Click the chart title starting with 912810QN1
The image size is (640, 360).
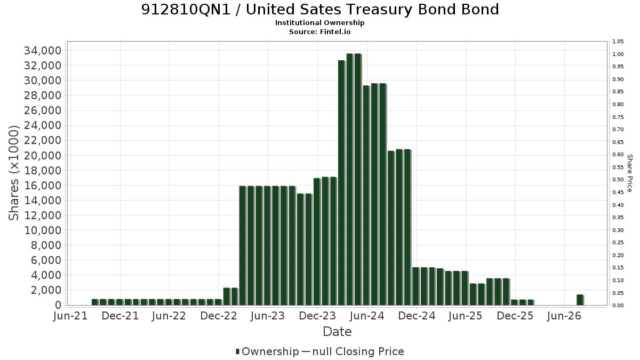[320, 10]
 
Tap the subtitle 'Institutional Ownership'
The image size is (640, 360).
[319, 23]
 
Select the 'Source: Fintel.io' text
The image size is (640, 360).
[319, 31]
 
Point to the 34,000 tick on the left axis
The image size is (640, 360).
[43, 51]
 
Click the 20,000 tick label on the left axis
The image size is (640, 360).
[43, 156]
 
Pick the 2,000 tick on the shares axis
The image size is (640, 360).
[46, 290]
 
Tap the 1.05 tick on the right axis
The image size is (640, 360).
[618, 42]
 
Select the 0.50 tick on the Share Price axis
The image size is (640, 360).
[618, 180]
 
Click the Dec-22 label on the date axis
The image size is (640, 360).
[219, 316]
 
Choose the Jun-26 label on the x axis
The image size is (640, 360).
[564, 316]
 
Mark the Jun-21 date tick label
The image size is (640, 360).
[70, 316]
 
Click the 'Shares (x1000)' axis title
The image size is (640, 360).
[13, 173]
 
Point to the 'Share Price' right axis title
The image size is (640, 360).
[630, 173]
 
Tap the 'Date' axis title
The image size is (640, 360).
[337, 332]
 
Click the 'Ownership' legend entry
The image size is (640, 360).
[267, 351]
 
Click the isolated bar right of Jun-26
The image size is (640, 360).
[580, 300]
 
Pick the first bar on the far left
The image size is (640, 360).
[95, 302]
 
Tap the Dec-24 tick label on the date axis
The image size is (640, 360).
[417, 316]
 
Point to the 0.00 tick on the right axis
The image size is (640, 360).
[618, 306]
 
